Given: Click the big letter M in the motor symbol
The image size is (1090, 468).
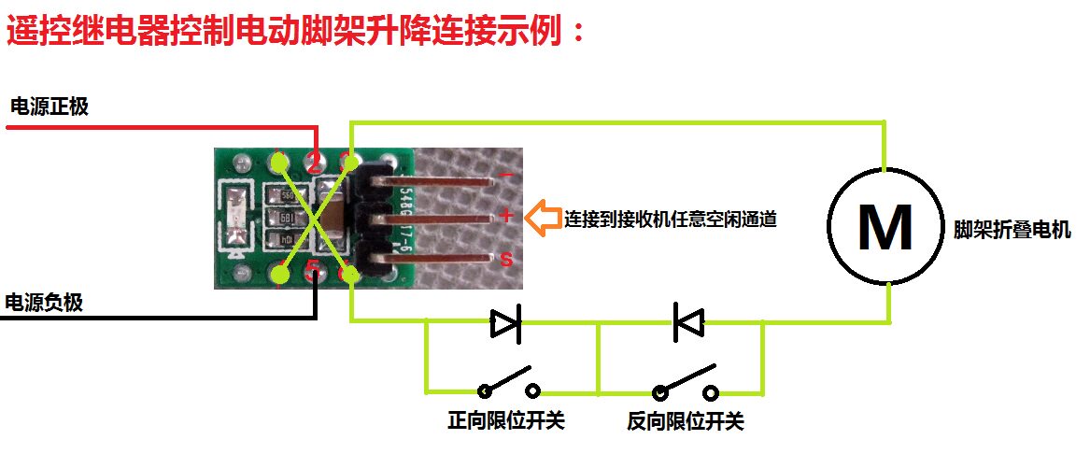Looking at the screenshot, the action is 884,228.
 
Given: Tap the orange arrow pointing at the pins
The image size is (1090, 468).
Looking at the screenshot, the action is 543,219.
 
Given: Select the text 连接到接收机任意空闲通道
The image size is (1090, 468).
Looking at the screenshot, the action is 670,220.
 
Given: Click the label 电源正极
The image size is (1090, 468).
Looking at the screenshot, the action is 49,106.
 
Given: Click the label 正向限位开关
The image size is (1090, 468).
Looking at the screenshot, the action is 506,421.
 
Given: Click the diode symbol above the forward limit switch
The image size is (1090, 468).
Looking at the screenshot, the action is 505,324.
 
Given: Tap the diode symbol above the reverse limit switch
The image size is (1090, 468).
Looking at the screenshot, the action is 688,324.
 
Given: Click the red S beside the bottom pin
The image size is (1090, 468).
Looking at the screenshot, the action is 506,261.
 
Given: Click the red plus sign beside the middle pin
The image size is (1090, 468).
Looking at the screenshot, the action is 506,217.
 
